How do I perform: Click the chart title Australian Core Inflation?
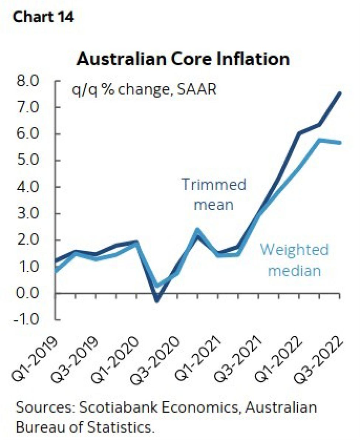[x=182, y=59]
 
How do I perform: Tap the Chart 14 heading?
[x=43, y=17]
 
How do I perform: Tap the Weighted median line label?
[x=294, y=260]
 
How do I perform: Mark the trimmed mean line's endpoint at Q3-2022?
[x=340, y=93]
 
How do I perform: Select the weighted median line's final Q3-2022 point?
[x=340, y=143]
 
